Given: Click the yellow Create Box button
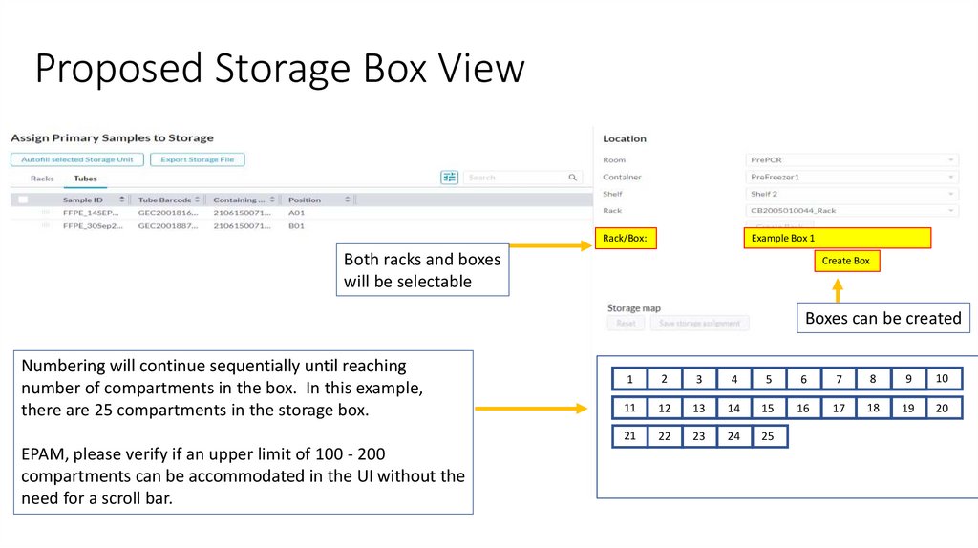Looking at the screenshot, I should [x=846, y=261].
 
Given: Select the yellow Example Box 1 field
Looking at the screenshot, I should [x=838, y=238].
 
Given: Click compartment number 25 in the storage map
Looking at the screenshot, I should [x=769, y=436].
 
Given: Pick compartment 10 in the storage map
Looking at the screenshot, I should [x=943, y=379].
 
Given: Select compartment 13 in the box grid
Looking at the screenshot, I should [x=699, y=409].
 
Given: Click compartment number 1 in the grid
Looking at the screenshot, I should [x=629, y=380].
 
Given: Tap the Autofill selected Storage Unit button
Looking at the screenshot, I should [x=77, y=159].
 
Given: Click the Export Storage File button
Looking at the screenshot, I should [x=197, y=159].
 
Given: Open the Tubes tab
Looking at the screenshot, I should [x=85, y=179].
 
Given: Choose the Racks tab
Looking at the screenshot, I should [x=42, y=179].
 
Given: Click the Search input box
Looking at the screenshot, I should [x=521, y=178].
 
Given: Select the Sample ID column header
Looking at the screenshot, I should [x=83, y=200].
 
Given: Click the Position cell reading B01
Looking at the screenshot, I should [x=296, y=226].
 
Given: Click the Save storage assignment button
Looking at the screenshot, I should [x=700, y=324].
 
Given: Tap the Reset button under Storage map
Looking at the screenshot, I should [x=626, y=324].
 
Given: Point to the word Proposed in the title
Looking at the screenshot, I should [x=119, y=70].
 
